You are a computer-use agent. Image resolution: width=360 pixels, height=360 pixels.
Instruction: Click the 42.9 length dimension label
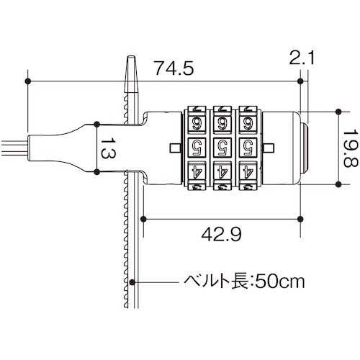pyautogui.click(x=221, y=233)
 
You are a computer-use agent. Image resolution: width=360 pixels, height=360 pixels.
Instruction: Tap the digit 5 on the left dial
pyautogui.click(x=197, y=148)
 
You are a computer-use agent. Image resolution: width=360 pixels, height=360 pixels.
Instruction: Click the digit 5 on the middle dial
pyautogui.click(x=222, y=148)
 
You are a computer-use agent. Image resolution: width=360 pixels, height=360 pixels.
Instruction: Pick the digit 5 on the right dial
pyautogui.click(x=247, y=148)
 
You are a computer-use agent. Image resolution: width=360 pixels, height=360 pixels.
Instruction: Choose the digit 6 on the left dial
pyautogui.click(x=197, y=123)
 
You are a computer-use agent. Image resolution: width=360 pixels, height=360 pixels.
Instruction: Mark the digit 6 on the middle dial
pyautogui.click(x=222, y=123)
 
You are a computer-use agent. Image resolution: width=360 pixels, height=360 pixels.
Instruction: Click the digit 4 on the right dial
pyautogui.click(x=247, y=173)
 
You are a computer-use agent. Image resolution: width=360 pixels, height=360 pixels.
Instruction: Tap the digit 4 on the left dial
pyautogui.click(x=197, y=173)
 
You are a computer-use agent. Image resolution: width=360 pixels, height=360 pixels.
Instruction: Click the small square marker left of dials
pyautogui.click(x=176, y=148)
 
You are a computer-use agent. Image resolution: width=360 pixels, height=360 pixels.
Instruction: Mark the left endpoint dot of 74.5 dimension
pyautogui.click(x=28, y=81)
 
